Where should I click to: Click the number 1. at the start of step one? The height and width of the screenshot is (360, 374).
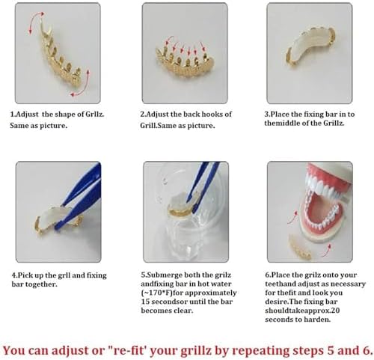pyautogui.click(x=13, y=115)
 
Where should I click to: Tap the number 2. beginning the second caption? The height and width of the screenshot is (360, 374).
pyautogui.click(x=142, y=115)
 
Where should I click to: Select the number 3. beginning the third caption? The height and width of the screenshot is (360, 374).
pyautogui.click(x=267, y=115)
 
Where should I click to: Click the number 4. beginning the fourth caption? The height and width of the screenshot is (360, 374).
pyautogui.click(x=13, y=275)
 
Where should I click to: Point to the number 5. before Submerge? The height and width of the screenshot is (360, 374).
pyautogui.click(x=142, y=275)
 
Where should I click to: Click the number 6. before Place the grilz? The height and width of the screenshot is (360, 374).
pyautogui.click(x=269, y=275)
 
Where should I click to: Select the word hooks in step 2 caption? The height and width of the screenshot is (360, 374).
pyautogui.click(x=216, y=115)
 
